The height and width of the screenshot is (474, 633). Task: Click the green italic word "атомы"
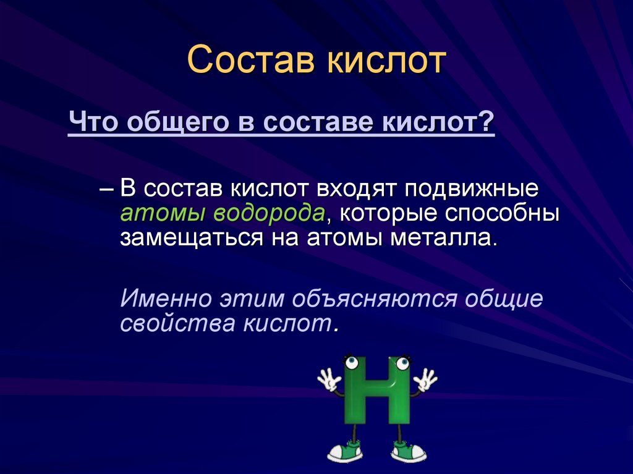tap(163, 213)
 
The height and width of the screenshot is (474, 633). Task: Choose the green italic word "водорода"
tap(269, 214)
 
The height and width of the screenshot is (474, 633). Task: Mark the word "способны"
tap(509, 214)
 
